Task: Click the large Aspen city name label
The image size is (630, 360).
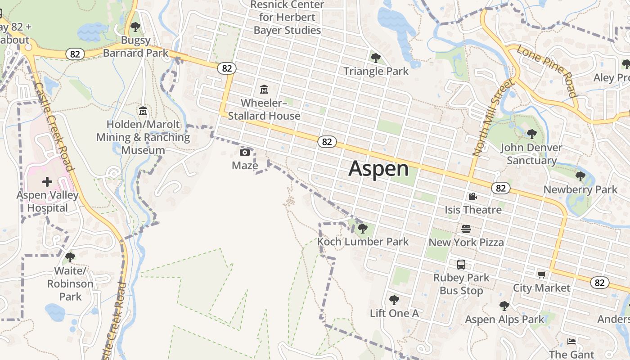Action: pyautogui.click(x=378, y=169)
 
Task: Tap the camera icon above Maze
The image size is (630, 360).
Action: pyautogui.click(x=245, y=152)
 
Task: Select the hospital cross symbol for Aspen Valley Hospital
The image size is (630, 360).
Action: pyautogui.click(x=47, y=182)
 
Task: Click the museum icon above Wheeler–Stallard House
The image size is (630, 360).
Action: pyautogui.click(x=264, y=90)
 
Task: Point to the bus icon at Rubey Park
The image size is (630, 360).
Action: pyautogui.click(x=461, y=265)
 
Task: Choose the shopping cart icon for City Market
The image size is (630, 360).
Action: pyautogui.click(x=541, y=274)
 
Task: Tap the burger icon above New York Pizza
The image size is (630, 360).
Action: pyautogui.click(x=466, y=229)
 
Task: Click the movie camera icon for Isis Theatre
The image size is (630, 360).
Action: pyautogui.click(x=472, y=197)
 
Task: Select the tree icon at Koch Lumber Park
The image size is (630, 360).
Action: pyautogui.click(x=363, y=229)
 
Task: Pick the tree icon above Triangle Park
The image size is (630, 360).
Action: pyautogui.click(x=375, y=58)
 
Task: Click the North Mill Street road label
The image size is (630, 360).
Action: pyautogui.click(x=493, y=118)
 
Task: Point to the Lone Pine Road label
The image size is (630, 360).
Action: pyautogui.click(x=547, y=71)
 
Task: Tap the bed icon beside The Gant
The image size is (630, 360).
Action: pyautogui.click(x=571, y=342)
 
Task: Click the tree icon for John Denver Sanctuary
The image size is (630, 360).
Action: pyautogui.click(x=532, y=134)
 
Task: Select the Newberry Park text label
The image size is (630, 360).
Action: pyautogui.click(x=580, y=189)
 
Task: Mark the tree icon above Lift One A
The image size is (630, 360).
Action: pyautogui.click(x=394, y=300)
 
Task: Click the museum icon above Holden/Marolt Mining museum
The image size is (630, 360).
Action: pyautogui.click(x=143, y=111)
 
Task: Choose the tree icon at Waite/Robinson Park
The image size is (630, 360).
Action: pyautogui.click(x=70, y=257)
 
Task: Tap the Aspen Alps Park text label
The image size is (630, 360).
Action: pyautogui.click(x=504, y=319)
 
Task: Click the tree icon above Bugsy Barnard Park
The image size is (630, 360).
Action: pyautogui.click(x=135, y=27)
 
